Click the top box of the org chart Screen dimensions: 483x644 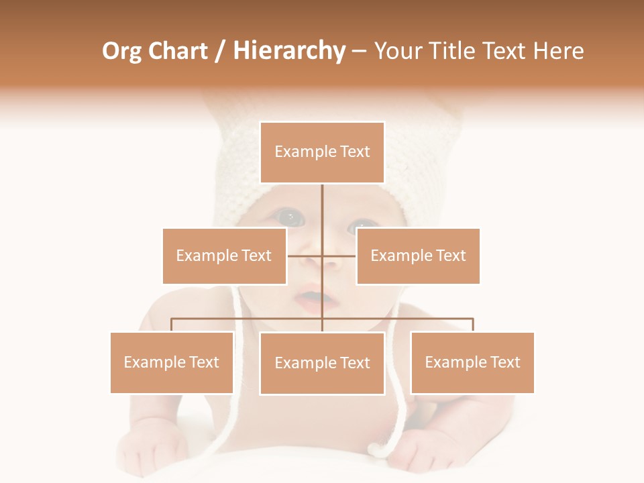322,152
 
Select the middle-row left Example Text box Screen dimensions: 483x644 224,256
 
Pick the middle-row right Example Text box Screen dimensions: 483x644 417,256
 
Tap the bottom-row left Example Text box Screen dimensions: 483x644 172,362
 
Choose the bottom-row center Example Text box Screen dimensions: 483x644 322,363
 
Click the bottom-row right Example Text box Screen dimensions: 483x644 472,362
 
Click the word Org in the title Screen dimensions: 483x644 121,51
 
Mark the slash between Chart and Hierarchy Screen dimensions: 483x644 220,52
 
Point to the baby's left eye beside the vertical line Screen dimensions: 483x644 292,217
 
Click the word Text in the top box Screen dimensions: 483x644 355,152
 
